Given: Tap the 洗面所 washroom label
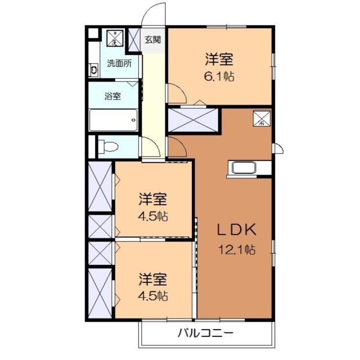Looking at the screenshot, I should pos(119,64).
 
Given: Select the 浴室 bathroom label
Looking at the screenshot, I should pos(112,96).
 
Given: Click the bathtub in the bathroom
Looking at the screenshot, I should pos(114,119).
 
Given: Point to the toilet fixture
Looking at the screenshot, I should pos(109,147).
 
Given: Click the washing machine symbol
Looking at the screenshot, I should pos(115,38).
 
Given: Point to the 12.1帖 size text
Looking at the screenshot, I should pos(237,249).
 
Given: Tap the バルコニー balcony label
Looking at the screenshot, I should pos(205,332).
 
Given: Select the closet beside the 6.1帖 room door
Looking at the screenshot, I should pos(193,119).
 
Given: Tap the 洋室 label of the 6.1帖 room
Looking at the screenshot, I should pos(219,58).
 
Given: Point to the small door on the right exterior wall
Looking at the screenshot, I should pos(278,148).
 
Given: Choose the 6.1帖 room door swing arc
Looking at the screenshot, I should pos(175,93).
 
